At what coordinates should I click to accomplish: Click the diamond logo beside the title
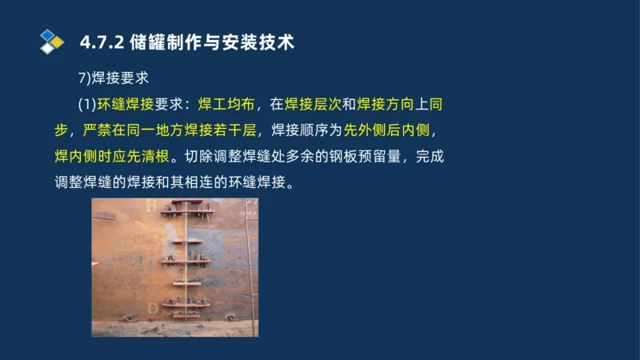52,41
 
